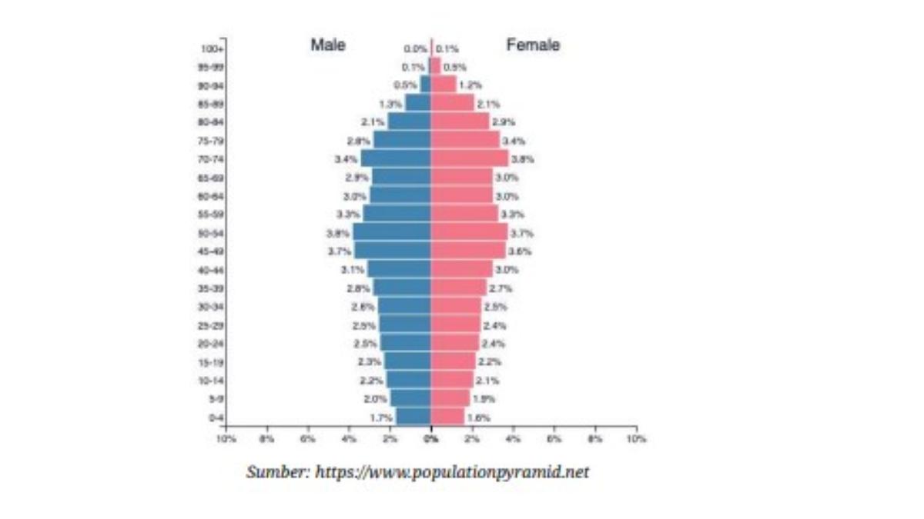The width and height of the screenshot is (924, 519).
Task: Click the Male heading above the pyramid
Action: pos(328,45)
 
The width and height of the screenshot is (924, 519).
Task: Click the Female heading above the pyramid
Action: pos(533,45)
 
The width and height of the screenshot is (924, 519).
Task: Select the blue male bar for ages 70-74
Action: pos(396,158)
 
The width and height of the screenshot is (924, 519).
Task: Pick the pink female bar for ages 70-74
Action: pos(469,158)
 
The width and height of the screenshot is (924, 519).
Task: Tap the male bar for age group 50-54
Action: pos(392,232)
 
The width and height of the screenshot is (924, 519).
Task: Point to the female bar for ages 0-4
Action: pos(447,417)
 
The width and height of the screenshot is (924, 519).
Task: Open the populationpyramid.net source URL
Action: pos(453,471)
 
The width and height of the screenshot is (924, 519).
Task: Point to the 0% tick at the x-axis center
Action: pos(431,438)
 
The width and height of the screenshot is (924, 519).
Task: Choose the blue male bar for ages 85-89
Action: pos(418,103)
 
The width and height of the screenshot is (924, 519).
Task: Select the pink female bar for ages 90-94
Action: pos(444,85)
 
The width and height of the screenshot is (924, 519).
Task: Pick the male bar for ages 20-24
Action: pos(405,343)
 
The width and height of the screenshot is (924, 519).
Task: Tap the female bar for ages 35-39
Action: pos(458,288)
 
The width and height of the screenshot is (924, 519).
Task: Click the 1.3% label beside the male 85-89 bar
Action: pos(390,104)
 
